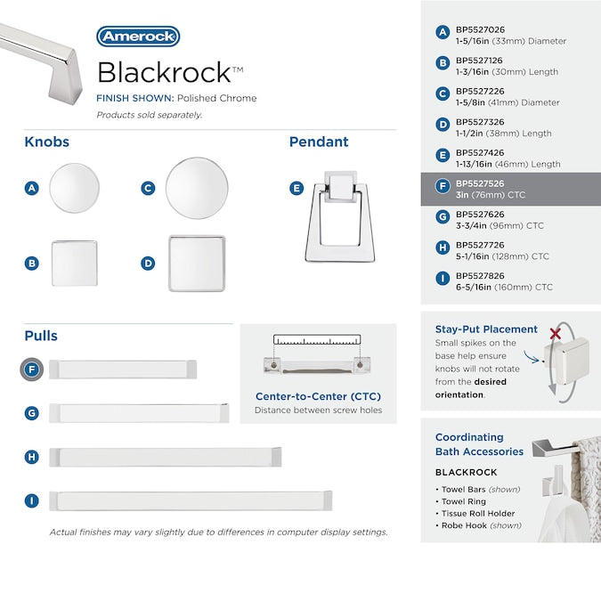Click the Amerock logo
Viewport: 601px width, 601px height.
(x=138, y=37)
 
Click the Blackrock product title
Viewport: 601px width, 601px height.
(x=165, y=71)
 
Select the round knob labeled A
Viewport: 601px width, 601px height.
(x=74, y=189)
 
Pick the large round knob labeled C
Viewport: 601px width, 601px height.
(x=193, y=188)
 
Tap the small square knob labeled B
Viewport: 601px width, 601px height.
(x=74, y=263)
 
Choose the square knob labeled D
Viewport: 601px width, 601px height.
(x=197, y=263)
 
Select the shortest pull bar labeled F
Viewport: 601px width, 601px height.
(x=123, y=370)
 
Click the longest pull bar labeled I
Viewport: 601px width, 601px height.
(x=191, y=500)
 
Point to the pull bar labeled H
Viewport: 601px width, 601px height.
(x=166, y=457)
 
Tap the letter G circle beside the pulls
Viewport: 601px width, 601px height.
(x=32, y=413)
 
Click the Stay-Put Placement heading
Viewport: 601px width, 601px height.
(x=486, y=329)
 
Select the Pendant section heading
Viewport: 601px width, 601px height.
(x=319, y=142)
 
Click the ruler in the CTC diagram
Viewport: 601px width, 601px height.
(x=318, y=340)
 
